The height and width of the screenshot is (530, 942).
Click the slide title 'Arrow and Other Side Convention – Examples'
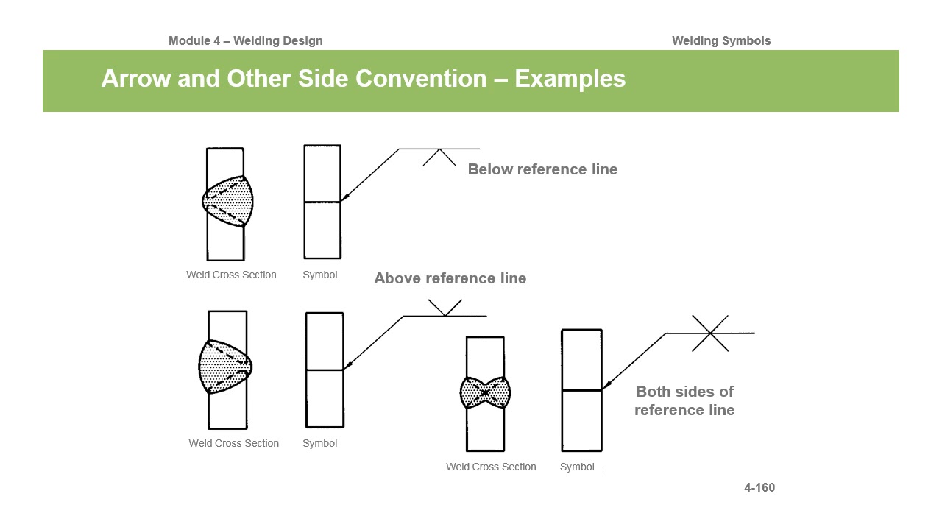tap(363, 79)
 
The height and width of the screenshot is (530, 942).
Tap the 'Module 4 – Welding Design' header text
tap(245, 41)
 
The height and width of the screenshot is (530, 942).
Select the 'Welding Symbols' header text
tap(720, 41)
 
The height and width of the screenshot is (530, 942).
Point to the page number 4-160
tap(759, 487)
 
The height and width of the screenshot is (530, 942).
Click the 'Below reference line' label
tap(542, 169)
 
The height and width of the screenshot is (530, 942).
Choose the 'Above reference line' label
tap(450, 278)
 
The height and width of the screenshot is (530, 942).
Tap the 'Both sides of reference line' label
tap(684, 400)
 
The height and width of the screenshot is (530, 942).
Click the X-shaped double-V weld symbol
tap(710, 333)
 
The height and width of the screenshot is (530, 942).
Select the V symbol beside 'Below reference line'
tap(440, 157)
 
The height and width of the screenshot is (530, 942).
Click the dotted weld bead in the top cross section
tap(228, 200)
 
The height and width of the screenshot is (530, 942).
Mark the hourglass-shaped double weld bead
tap(485, 393)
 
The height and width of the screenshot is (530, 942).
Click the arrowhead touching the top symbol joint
tap(344, 197)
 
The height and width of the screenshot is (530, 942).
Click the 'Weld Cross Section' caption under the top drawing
tap(231, 275)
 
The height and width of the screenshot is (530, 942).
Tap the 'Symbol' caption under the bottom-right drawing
tap(577, 467)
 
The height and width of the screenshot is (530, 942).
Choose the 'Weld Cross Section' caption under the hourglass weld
tap(491, 467)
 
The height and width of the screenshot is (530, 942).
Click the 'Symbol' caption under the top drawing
tap(320, 275)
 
